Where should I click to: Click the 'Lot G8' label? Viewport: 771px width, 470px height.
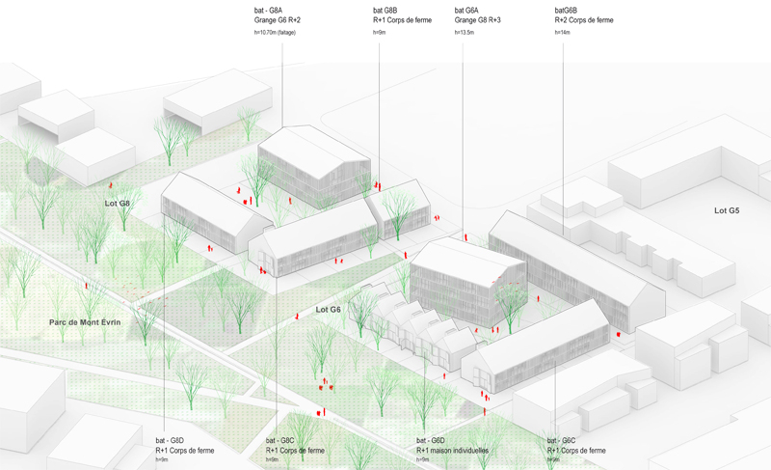click(118, 204)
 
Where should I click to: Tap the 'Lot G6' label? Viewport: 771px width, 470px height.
click(329, 310)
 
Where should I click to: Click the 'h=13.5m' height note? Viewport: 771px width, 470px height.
click(465, 33)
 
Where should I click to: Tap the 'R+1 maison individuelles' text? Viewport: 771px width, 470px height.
click(453, 450)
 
